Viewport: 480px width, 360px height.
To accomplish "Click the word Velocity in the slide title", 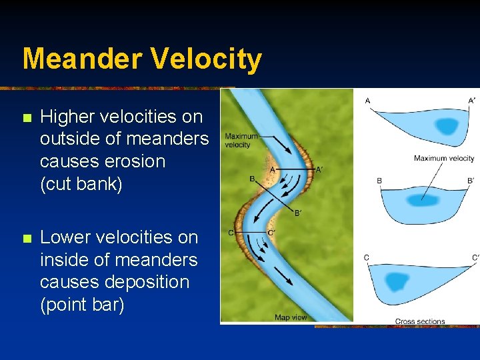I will pyautogui.click(x=206, y=59).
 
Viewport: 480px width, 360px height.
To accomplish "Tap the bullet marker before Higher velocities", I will pyautogui.click(x=27, y=118).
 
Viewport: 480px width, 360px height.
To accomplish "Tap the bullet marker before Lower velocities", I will pyautogui.click(x=27, y=239).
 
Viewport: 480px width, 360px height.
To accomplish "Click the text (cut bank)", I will pyautogui.click(x=81, y=184).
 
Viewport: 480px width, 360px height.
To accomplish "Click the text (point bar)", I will pyautogui.click(x=82, y=305).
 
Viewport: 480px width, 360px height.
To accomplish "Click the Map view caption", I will pyautogui.click(x=291, y=317).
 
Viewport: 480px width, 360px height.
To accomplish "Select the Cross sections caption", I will pyautogui.click(x=420, y=321).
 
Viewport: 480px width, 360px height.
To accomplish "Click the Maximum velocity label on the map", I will pyautogui.click(x=241, y=141).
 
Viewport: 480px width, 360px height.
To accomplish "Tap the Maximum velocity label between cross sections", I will pyautogui.click(x=444, y=159).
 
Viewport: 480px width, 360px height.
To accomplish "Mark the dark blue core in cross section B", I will pyautogui.click(x=423, y=199).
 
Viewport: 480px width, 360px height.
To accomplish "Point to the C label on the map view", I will pyautogui.click(x=231, y=233).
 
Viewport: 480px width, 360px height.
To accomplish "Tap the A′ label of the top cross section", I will pyautogui.click(x=472, y=101).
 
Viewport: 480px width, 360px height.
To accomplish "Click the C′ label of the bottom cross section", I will pyautogui.click(x=475, y=258).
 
